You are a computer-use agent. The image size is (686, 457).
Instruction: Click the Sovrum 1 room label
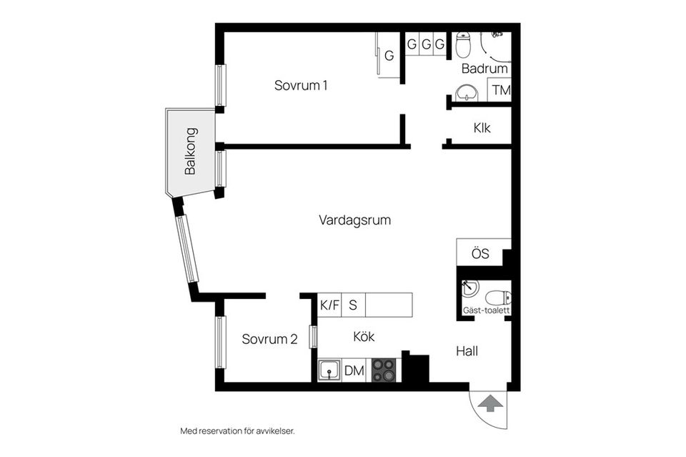[x=301, y=85]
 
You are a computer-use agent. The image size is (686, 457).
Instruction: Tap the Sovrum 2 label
[x=269, y=339]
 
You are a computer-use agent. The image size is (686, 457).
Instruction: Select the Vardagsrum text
[x=354, y=220]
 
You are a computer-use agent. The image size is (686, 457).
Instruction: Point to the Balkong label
[x=190, y=151]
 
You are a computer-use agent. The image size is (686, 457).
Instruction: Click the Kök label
[x=363, y=337]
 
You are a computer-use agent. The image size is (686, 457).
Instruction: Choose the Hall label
[x=467, y=351]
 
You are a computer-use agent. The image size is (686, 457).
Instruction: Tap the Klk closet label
[x=482, y=128]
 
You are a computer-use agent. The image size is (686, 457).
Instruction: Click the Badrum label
[x=484, y=69]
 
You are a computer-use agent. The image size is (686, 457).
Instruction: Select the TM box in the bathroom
[x=500, y=91]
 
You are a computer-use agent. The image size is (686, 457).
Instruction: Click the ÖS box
[x=479, y=253]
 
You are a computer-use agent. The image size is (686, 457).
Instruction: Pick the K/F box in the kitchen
[x=329, y=305]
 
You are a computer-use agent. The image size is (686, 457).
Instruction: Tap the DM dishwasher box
[x=354, y=370]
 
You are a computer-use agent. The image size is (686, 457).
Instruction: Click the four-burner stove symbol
[x=383, y=370]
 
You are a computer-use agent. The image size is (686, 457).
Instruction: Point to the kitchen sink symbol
[x=329, y=370]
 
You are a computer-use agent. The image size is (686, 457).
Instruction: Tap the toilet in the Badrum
[x=464, y=45]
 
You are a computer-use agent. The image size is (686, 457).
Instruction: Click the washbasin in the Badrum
[x=466, y=92]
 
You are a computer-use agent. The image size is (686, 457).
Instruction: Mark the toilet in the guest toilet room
[x=497, y=297]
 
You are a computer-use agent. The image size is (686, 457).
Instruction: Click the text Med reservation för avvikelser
[x=237, y=431]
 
